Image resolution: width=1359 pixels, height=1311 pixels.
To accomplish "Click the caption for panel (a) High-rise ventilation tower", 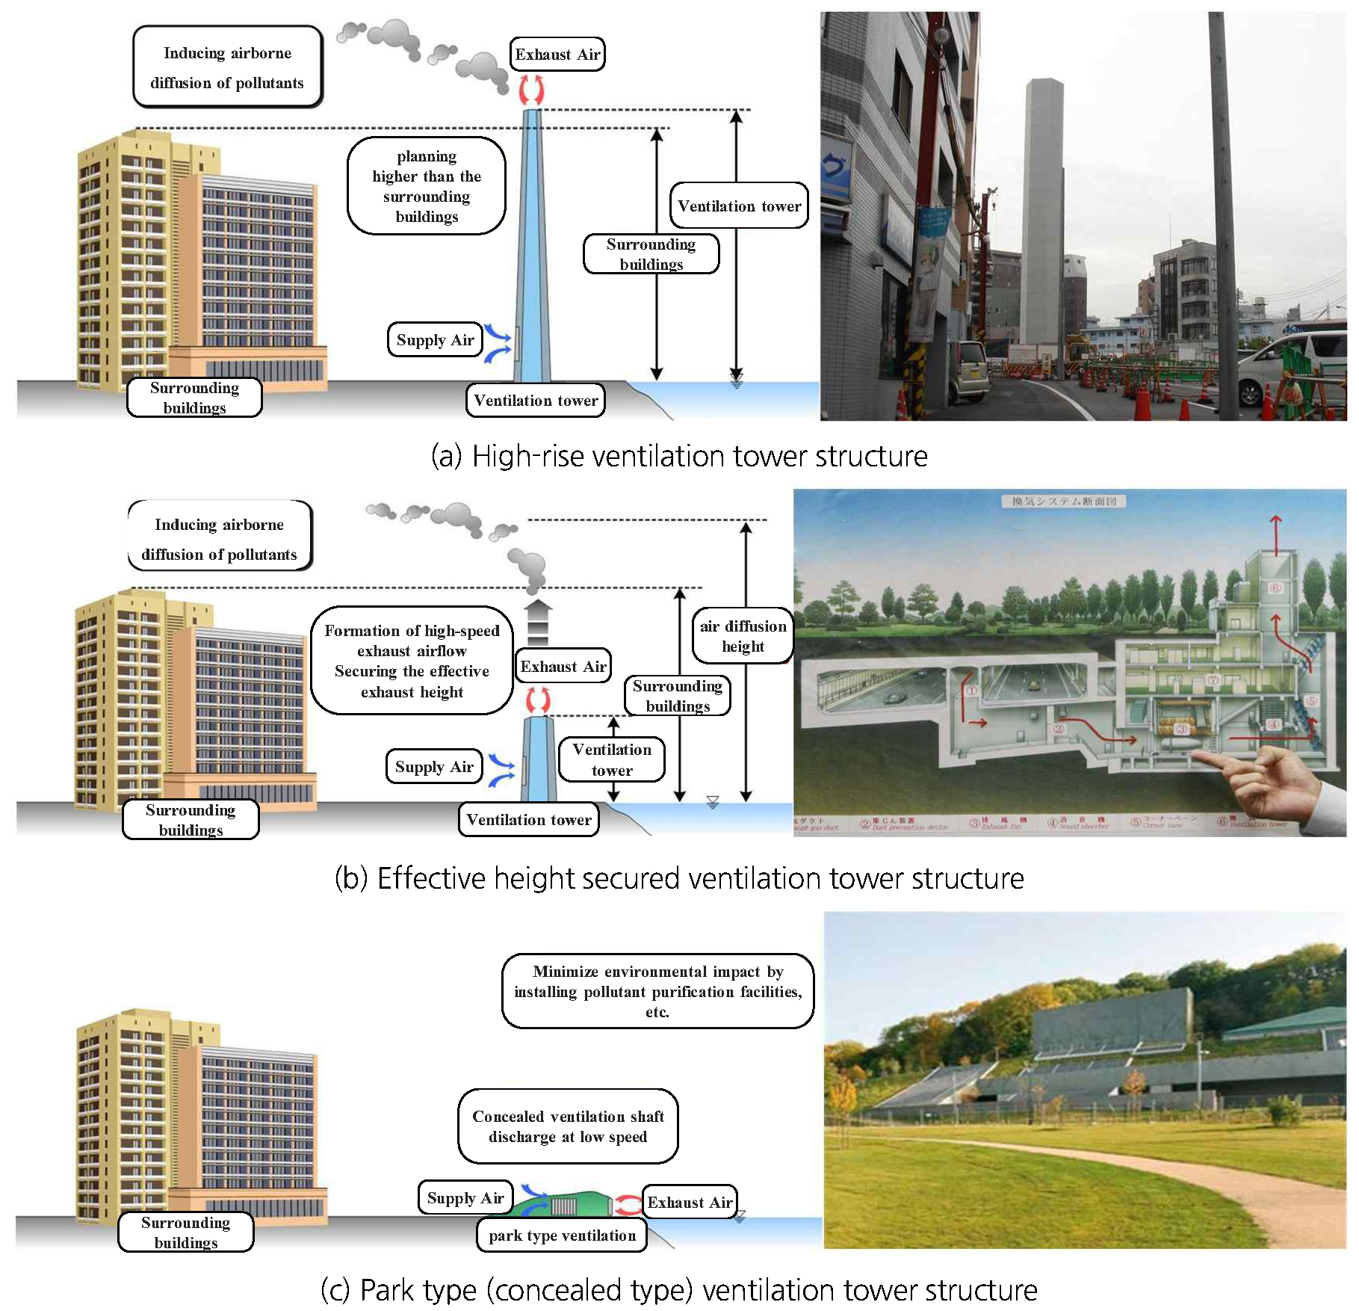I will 679,456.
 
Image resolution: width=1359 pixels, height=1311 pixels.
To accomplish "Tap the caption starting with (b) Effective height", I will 679,878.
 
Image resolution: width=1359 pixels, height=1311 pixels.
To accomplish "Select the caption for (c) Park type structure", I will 679,1290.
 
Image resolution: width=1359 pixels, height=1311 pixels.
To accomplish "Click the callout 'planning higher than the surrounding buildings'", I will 427,186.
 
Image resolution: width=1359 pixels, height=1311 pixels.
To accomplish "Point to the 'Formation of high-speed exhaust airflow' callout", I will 412,661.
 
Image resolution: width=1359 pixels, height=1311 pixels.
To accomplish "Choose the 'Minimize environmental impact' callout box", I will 657,991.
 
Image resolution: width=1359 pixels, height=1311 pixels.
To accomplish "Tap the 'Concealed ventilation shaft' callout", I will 568,1126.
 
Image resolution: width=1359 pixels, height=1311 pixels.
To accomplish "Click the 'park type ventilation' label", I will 562,1236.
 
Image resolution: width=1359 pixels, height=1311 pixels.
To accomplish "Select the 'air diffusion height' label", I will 743,636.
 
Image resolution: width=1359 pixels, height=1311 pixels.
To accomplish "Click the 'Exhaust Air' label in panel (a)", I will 557,55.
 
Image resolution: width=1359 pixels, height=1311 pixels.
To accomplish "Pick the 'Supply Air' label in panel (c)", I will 465,1198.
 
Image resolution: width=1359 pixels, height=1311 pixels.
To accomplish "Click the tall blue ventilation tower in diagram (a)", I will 532,247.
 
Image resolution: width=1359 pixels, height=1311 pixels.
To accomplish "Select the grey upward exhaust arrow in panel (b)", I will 538,621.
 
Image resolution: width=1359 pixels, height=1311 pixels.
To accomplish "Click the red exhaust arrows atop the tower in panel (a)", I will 531,89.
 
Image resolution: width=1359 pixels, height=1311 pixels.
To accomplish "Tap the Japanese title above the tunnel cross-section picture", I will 1064,501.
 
